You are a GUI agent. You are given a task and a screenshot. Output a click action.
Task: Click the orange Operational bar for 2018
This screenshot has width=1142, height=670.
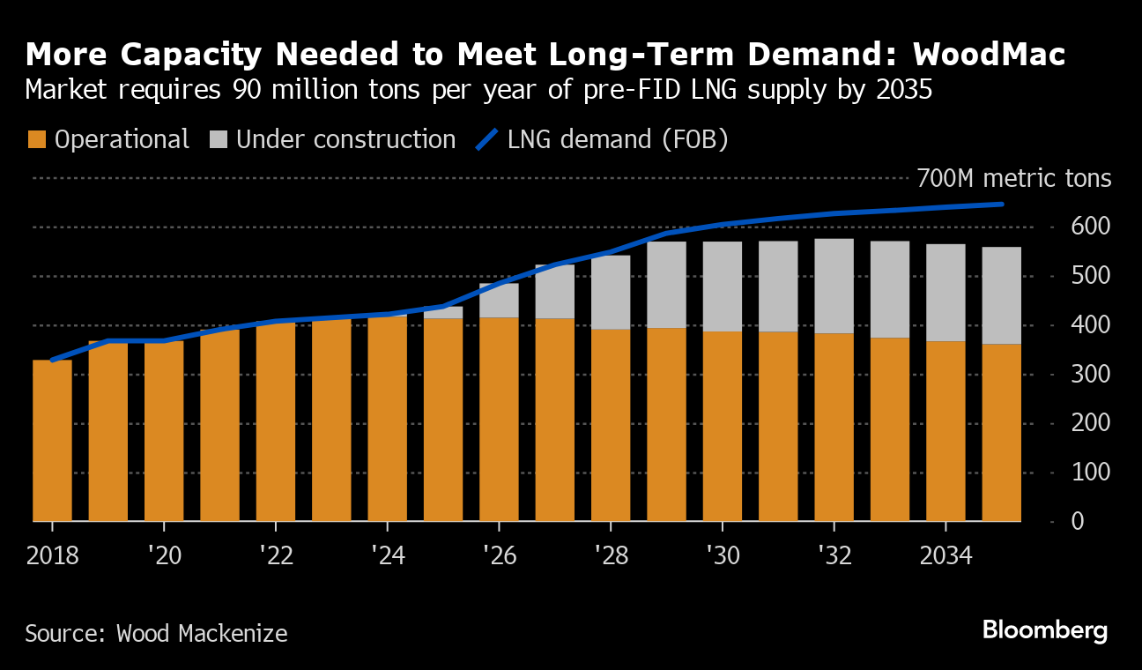coord(52,441)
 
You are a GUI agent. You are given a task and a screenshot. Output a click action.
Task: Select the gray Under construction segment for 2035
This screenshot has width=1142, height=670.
coord(1001,295)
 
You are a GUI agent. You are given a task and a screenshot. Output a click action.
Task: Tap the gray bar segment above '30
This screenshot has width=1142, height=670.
coord(722,287)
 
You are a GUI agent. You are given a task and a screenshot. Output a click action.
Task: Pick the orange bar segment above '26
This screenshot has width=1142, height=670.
coord(499,419)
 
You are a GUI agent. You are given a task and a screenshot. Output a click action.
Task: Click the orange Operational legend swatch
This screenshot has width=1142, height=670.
coord(36,139)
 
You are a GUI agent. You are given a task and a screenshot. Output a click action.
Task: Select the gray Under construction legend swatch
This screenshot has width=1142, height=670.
coord(219,139)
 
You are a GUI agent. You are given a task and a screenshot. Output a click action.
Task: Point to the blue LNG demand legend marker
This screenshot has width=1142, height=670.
coord(487,139)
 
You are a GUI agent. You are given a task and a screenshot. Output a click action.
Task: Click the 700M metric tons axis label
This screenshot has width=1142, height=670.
coord(1013,179)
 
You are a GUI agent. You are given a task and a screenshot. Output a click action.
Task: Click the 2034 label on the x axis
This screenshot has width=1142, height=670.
coord(945,556)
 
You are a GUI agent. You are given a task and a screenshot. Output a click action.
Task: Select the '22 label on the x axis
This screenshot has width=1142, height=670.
coord(275,556)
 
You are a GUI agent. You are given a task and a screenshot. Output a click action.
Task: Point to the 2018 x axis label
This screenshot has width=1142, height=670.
coord(52,556)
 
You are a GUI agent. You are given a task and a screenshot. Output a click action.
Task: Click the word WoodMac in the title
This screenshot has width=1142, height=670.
coord(989,55)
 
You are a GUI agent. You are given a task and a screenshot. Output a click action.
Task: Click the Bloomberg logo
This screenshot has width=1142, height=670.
coord(1044,630)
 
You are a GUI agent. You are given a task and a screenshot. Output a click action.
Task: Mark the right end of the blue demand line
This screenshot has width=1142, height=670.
coord(1002,205)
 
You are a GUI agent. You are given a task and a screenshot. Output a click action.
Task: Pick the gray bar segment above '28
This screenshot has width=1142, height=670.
coord(611,292)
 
